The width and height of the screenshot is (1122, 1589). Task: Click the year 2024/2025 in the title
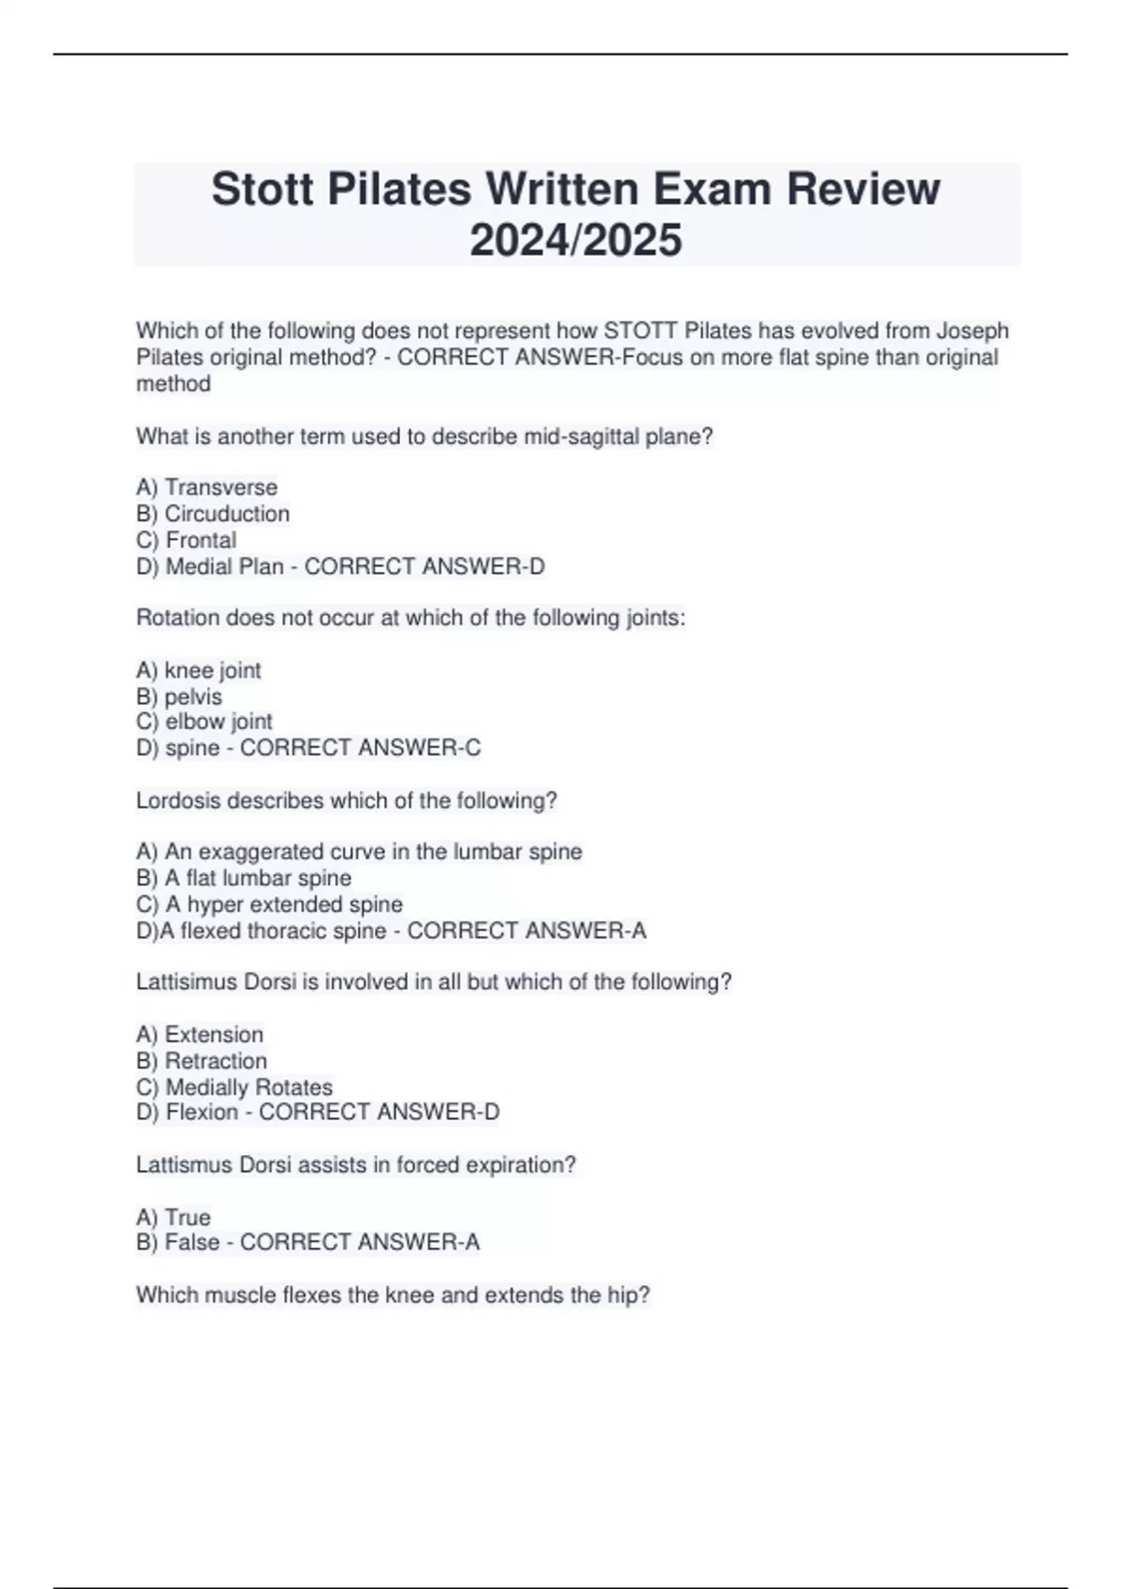point(576,240)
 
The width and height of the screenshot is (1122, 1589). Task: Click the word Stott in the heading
point(263,189)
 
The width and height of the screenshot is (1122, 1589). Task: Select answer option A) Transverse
point(207,487)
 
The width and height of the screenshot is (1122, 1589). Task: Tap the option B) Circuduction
point(213,513)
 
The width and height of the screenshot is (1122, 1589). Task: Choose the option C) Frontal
point(186,539)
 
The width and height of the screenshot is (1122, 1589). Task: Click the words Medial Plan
point(224,566)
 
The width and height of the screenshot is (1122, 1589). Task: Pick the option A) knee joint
point(198,670)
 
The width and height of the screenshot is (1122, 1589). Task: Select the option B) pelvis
point(180,696)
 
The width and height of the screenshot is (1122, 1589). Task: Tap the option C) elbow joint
point(204,722)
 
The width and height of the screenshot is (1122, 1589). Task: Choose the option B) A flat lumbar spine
point(244,878)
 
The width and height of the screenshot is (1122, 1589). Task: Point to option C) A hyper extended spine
point(269,904)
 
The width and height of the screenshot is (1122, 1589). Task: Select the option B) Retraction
point(202,1061)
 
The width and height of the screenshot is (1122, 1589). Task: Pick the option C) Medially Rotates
point(235,1087)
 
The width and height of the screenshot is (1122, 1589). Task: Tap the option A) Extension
point(200,1035)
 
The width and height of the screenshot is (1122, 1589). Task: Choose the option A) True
point(174,1217)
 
